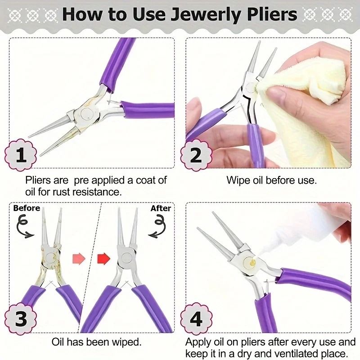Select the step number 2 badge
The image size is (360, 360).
pos(196,156)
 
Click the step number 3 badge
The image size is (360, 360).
pos(21,319)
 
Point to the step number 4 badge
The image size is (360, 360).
pos(196,319)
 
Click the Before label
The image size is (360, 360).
pos(27,208)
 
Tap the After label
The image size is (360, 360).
pos(161,208)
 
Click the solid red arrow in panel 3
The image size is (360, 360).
pos(104,259)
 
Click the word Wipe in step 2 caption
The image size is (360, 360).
pos(238,181)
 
